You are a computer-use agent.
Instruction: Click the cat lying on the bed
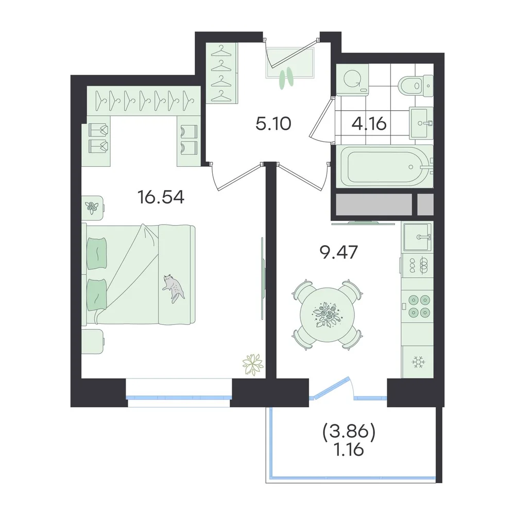pos(173,288)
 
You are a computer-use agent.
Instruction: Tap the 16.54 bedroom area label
pos(161,197)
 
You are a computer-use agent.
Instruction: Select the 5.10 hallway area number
pos(273,124)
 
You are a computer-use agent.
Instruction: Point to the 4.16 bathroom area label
pos(369,124)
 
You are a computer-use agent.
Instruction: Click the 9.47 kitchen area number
pos(339,252)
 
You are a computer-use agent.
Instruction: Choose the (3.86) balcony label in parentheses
pos(349,432)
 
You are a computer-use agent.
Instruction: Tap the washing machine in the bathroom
pos(352,79)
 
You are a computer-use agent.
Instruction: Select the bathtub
pos(384,166)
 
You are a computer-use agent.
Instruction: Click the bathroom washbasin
pos(421,123)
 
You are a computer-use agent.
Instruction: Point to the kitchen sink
pos(417,237)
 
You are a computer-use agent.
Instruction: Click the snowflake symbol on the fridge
pos(418,362)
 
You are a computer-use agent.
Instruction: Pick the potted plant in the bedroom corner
pos(252,364)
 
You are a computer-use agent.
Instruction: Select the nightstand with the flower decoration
pos(92,205)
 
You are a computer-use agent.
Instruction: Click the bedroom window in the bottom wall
pos(179,393)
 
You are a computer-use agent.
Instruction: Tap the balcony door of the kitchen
pos(331,388)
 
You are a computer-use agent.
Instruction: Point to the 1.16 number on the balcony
pos(349,449)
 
